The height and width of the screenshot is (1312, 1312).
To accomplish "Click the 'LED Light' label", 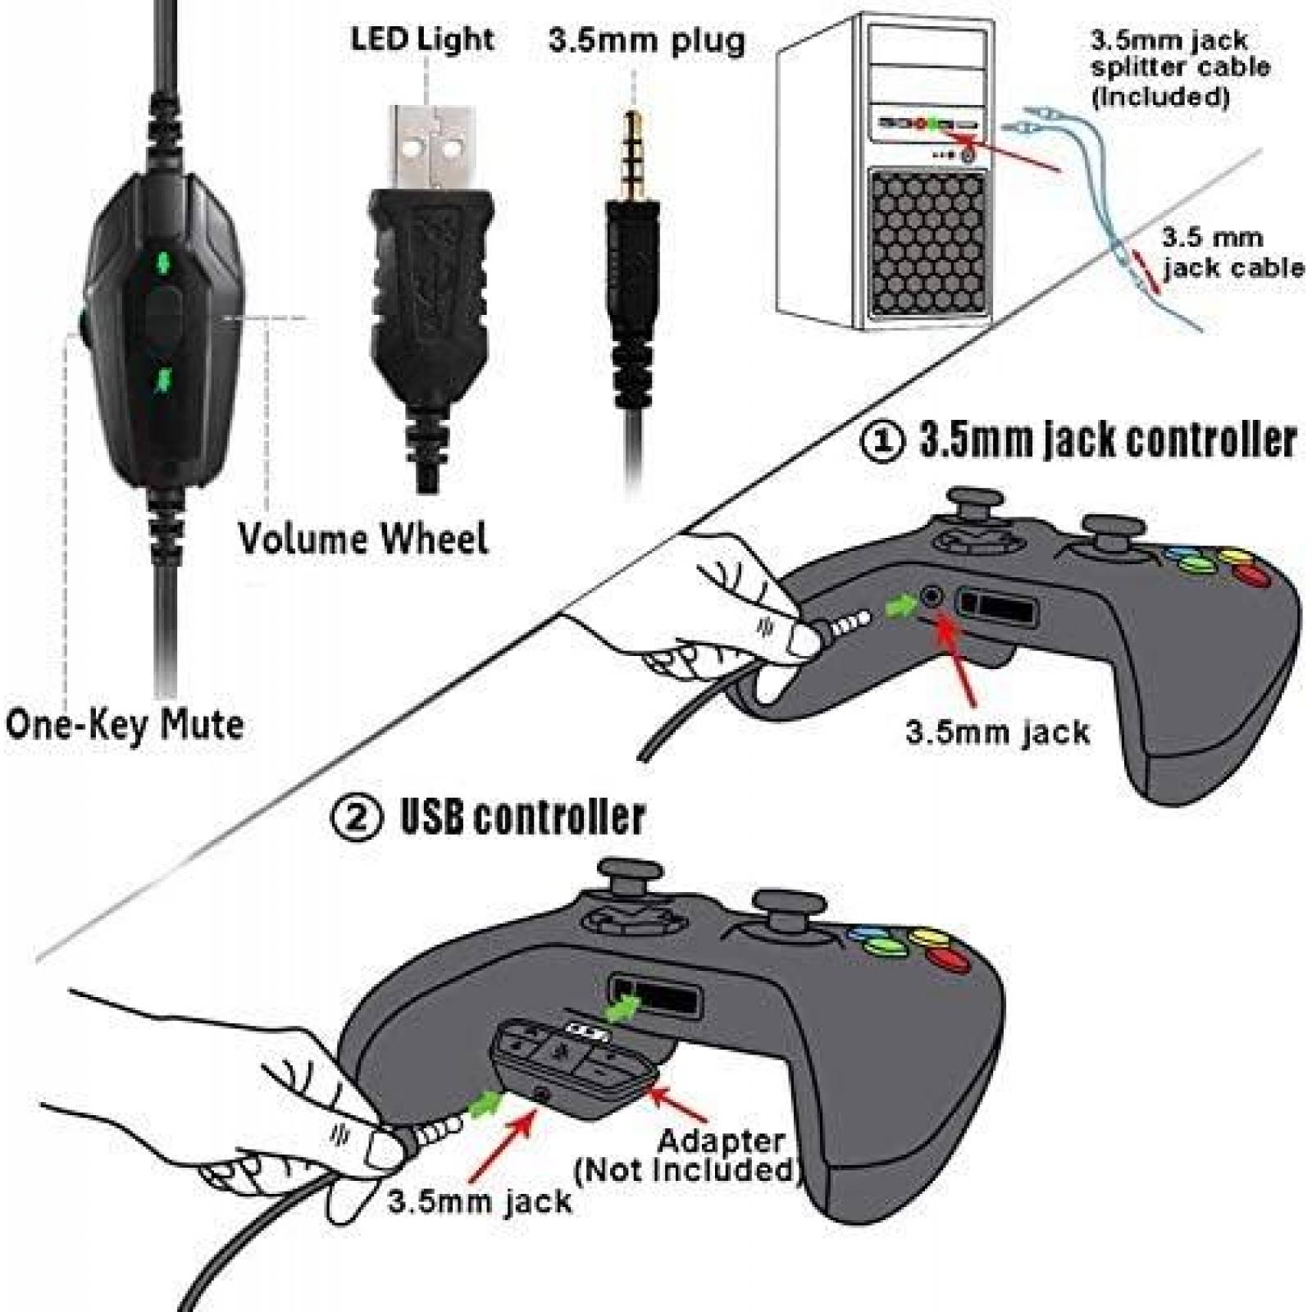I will click(x=422, y=39).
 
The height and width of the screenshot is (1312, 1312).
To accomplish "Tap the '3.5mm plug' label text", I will click(x=647, y=40).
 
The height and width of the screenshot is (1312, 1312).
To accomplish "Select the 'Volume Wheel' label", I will click(x=363, y=539).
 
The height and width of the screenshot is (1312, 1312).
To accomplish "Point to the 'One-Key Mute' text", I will click(x=125, y=725).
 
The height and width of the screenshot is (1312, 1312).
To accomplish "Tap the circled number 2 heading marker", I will click(x=357, y=817).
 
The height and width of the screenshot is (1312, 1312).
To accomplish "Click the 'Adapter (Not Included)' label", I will click(x=687, y=1155).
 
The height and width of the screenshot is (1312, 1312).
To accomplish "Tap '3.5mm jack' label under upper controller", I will click(x=997, y=731).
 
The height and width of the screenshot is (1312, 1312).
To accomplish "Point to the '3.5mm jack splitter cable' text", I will click(x=1178, y=67).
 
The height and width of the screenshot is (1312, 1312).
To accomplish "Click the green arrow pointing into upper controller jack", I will click(x=900, y=606).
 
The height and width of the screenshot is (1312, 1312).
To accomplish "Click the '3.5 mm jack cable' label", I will click(x=1230, y=253).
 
